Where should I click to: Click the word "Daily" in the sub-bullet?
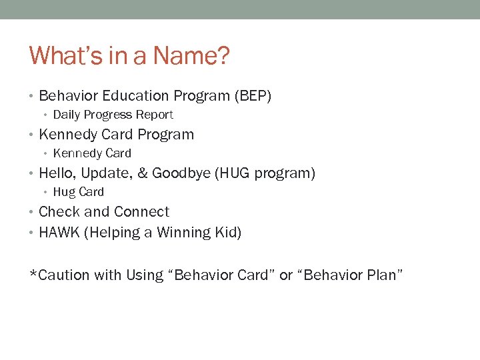(x=66, y=115)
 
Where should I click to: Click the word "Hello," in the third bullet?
(x=58, y=173)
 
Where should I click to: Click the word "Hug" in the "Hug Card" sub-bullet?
(x=64, y=192)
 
